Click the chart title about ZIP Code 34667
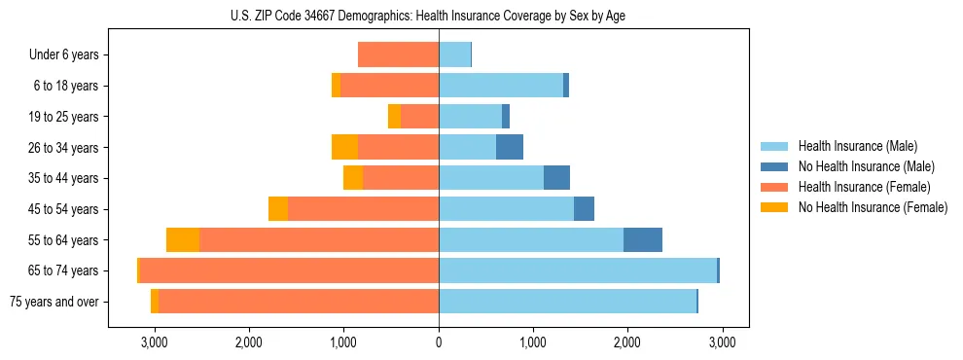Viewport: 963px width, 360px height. (439, 16)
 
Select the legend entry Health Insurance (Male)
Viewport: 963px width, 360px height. (857, 146)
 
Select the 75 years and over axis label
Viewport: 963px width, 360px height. (53, 302)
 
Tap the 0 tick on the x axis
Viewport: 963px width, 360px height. (439, 342)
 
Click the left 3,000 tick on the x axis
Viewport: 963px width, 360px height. (155, 342)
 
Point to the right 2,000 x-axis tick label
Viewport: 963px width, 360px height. (626, 342)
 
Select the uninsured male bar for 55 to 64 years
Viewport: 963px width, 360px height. (643, 240)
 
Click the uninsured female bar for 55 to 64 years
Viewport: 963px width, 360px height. (183, 240)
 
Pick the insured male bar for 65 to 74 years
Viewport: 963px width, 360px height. (578, 270)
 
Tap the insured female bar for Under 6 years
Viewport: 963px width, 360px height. (398, 55)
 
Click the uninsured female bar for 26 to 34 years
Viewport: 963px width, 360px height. (344, 148)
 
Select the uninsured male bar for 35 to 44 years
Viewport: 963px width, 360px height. (556, 178)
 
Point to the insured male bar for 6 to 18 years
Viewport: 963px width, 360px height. (501, 86)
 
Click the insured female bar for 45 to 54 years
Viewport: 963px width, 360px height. (363, 209)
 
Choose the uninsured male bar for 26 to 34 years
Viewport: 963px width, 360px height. (510, 148)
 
